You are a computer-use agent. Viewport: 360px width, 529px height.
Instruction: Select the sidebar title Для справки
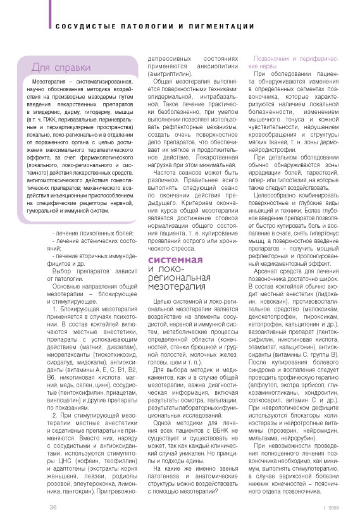click(56, 68)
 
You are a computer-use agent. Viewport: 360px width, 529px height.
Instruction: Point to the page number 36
click(54, 507)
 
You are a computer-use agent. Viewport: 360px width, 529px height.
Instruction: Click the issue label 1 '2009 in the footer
click(331, 507)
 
